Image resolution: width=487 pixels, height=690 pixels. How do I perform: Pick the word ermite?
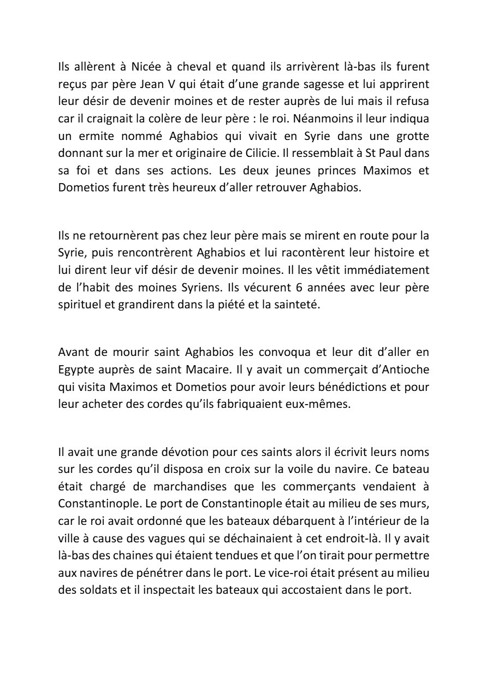(99, 134)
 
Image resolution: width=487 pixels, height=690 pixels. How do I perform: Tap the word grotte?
(409, 134)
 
